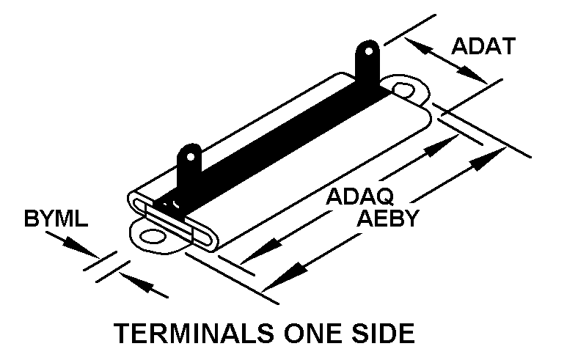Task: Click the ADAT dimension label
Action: (x=483, y=46)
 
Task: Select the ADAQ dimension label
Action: (x=360, y=196)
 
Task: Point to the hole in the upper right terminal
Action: (x=367, y=53)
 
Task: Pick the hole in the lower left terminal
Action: (x=191, y=156)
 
